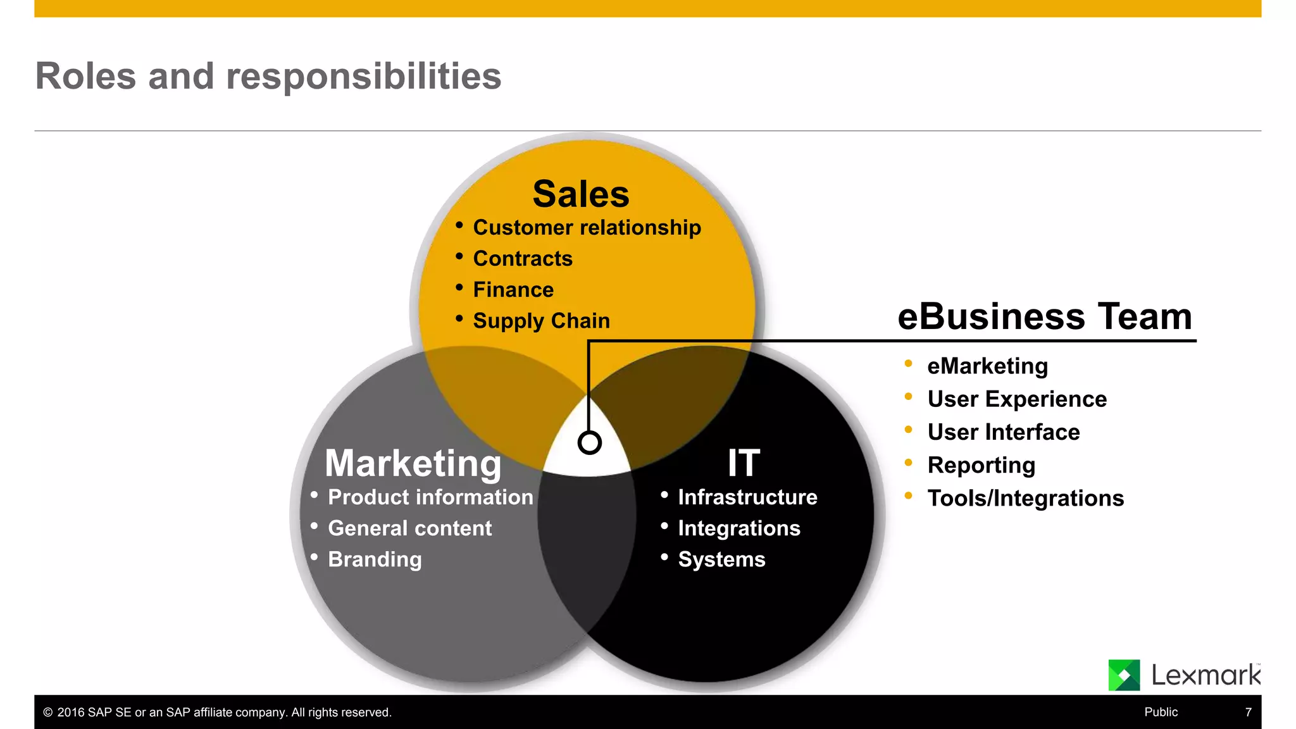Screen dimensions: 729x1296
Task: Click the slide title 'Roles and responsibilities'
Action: [268, 77]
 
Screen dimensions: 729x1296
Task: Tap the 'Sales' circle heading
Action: [581, 194]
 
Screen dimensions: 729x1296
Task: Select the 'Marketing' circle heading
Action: [413, 463]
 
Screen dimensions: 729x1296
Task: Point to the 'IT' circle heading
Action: [744, 463]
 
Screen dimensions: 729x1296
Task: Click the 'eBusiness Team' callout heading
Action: [1045, 316]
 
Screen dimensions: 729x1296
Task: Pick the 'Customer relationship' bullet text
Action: [587, 228]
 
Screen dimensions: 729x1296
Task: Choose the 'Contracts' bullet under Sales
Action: [523, 259]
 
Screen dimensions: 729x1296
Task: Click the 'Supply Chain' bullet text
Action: [541, 321]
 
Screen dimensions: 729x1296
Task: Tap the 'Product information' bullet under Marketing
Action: [430, 497]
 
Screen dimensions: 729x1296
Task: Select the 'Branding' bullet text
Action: [375, 559]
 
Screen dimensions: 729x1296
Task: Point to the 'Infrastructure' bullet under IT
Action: [747, 497]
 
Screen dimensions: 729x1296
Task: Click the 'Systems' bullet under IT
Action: [721, 559]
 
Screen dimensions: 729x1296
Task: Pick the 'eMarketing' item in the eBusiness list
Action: [987, 366]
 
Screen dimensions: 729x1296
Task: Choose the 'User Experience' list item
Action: [1017, 399]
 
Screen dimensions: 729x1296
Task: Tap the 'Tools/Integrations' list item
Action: [1025, 499]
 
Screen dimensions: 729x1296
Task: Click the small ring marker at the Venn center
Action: [589, 442]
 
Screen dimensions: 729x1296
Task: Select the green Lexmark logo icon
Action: [1124, 675]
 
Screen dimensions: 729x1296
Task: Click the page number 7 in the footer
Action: [1248, 712]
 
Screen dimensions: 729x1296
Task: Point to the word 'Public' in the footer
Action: [1161, 712]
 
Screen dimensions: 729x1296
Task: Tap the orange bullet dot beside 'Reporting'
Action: [908, 463]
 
